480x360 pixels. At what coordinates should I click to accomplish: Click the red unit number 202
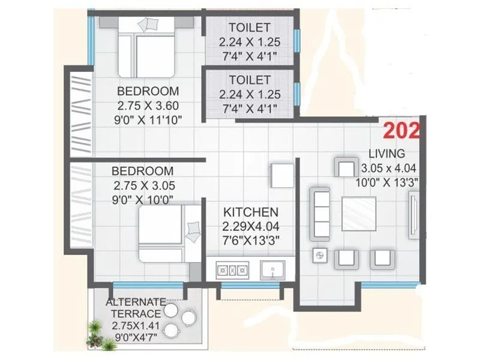click(402, 130)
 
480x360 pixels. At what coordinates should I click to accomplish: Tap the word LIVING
click(386, 154)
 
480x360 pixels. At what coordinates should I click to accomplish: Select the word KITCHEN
click(251, 212)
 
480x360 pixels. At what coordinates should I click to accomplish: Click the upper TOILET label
click(249, 27)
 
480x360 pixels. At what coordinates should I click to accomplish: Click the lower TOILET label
click(249, 80)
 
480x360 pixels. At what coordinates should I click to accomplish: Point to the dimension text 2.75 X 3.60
click(148, 106)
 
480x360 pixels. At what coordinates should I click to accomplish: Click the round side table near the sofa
click(318, 256)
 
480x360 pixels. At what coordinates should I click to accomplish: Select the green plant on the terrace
click(94, 333)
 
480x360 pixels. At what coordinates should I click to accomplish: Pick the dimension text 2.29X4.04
click(251, 227)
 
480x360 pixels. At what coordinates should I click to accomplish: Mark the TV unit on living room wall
click(415, 214)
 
